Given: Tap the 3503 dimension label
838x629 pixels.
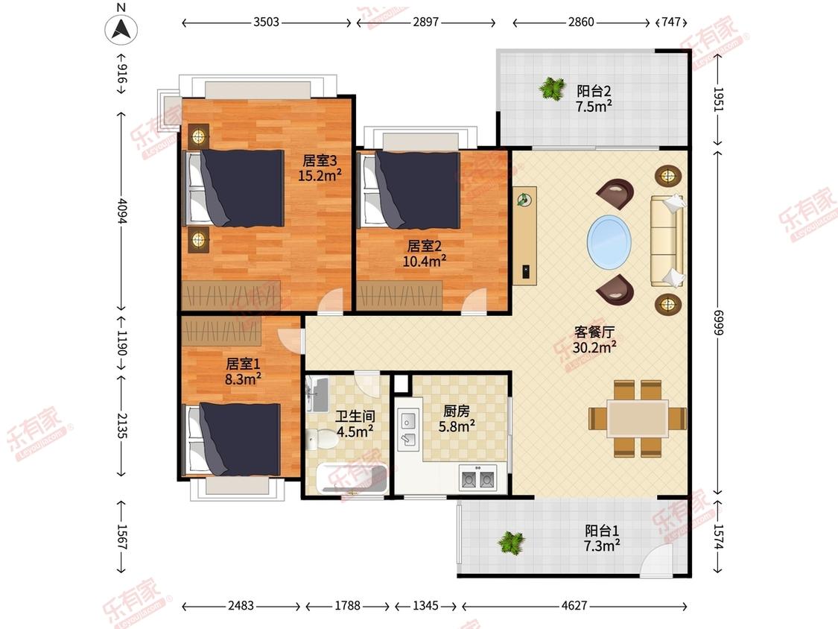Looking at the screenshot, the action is (266, 22).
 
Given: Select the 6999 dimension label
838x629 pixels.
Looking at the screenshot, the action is (718, 323).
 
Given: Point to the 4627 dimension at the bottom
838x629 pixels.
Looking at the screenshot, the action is (574, 605).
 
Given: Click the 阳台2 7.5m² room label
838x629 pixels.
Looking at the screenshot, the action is (594, 99).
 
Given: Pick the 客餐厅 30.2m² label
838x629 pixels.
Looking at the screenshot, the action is (594, 340).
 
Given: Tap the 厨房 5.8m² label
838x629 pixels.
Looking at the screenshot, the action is (457, 418).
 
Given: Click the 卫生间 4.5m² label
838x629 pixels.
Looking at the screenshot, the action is (355, 423).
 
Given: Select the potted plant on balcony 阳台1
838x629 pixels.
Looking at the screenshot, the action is (512, 543).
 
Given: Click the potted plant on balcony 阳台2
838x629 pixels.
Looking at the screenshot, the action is (552, 88).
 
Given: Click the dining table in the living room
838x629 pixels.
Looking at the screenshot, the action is (637, 418).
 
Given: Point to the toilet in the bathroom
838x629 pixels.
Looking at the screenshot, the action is (323, 439).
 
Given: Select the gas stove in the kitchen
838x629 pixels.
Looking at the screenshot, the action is (477, 478).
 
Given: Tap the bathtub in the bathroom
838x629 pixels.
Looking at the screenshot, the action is (352, 478).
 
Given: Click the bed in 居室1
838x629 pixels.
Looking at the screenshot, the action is (233, 439).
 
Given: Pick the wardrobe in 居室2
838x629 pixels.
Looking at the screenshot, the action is (400, 294).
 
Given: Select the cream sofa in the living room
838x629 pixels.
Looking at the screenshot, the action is (667, 240).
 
